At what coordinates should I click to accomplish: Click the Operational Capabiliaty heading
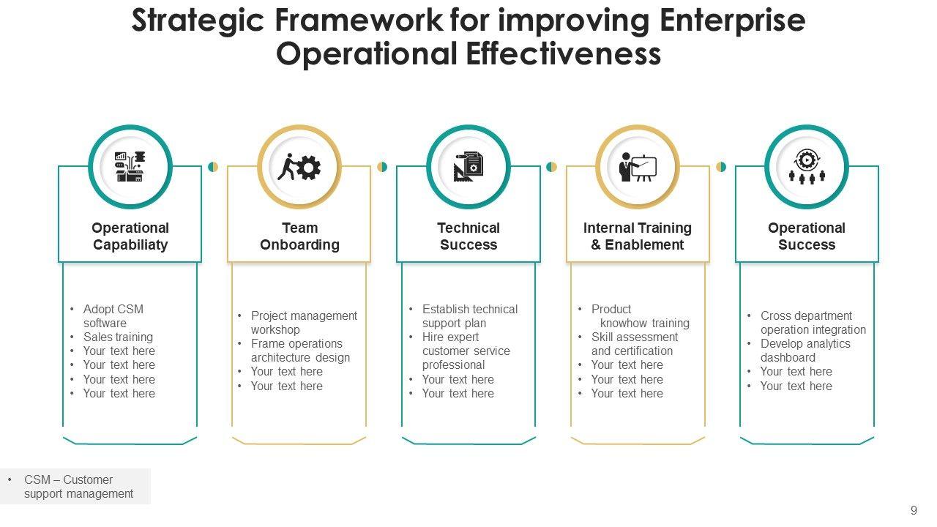130,236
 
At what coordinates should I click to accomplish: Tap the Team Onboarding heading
299,236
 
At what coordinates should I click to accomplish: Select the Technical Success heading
468,236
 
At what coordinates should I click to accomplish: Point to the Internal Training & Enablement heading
638,236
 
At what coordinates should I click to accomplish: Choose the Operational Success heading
807,236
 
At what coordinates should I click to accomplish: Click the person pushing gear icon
299,167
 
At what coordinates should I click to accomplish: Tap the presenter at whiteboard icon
638,167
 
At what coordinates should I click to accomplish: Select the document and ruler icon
468,167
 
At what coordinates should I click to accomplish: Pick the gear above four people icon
807,167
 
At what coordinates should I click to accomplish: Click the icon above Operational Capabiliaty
130,167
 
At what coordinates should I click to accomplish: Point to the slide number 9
914,511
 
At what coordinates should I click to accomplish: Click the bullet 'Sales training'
118,337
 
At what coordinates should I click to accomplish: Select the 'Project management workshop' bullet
304,323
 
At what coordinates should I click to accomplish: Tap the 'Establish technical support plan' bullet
469,316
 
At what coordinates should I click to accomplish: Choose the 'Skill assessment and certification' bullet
634,344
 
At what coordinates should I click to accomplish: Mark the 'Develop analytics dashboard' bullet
805,351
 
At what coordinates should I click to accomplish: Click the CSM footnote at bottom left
78,487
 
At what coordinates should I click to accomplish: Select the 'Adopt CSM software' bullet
113,316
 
